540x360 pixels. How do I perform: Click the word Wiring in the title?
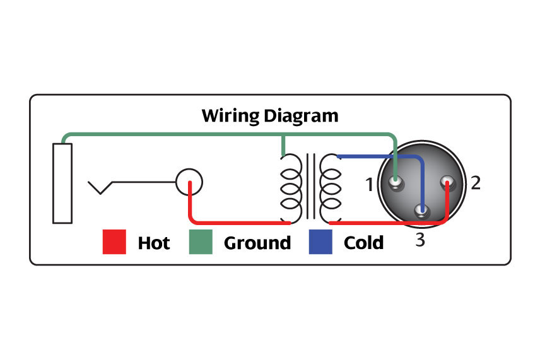coord(230,116)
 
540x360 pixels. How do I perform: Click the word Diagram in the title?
coord(301,116)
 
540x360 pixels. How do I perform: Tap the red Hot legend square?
coord(114,241)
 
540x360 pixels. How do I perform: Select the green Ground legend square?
coord(201,241)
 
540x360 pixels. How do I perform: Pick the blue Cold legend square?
coord(320,241)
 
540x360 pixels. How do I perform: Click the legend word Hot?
coord(153,243)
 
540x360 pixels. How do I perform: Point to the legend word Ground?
coord(257,243)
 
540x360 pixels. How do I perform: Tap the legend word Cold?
coord(363,243)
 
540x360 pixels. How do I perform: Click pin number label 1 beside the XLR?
coord(369,185)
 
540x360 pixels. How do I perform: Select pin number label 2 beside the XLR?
coord(476,183)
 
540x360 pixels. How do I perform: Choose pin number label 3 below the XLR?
coord(420,240)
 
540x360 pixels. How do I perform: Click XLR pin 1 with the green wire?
coord(396,182)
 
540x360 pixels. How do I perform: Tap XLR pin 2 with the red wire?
coord(448,182)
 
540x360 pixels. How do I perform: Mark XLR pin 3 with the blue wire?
coord(421,209)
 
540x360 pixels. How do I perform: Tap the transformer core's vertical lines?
coord(310,186)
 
